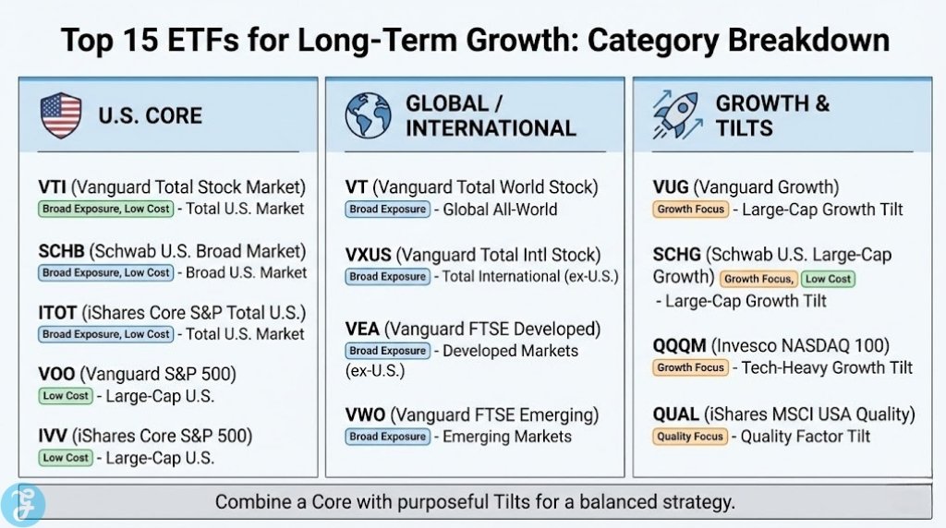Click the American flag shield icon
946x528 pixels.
coord(61,115)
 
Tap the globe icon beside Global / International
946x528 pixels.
coord(368,115)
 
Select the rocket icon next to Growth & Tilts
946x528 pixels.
coord(676,115)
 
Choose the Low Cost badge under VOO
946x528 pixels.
coord(66,396)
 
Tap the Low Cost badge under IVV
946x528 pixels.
coord(66,458)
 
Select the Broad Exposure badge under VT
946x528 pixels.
coord(387,210)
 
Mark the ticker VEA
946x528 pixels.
coord(363,329)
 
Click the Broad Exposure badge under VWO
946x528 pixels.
coord(387,437)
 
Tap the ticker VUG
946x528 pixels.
coord(672,187)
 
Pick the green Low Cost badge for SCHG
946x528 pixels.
coord(827,278)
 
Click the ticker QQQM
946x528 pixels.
coord(680,345)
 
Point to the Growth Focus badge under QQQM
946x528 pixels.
coord(690,367)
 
